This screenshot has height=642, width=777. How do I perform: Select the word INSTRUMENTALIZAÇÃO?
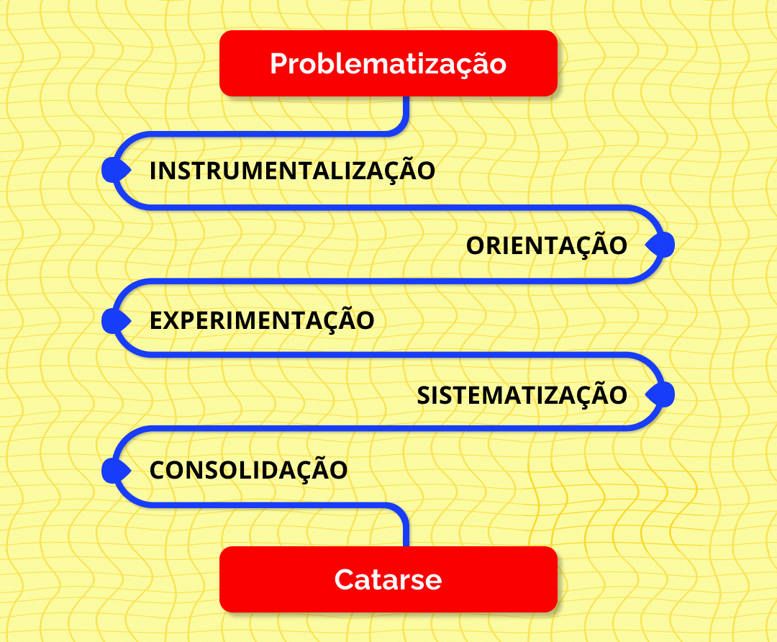pyautogui.click(x=292, y=171)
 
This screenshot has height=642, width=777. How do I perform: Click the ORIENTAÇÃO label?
pyautogui.click(x=547, y=245)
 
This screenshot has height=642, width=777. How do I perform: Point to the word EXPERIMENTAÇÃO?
pyautogui.click(x=262, y=320)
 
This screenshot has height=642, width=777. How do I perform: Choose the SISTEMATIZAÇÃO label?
pyautogui.click(x=522, y=395)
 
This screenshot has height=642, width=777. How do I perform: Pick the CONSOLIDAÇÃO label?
pyautogui.click(x=249, y=470)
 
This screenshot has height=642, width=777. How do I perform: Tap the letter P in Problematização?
pyautogui.click(x=278, y=64)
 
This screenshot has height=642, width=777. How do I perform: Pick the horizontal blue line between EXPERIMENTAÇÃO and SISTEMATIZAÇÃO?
pyautogui.click(x=388, y=354)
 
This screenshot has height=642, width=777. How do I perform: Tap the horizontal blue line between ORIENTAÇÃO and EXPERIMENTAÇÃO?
pyautogui.click(x=388, y=281)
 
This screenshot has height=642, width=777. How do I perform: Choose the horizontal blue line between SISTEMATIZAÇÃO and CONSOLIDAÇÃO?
pyautogui.click(x=388, y=430)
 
